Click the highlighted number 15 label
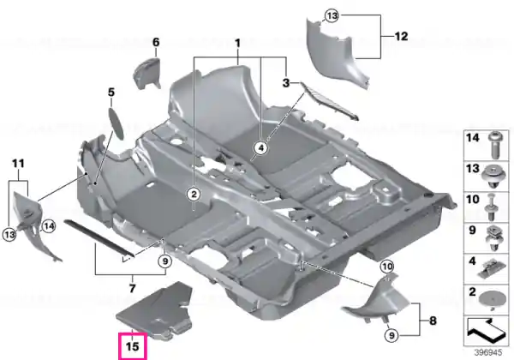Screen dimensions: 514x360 (x=133, y=346)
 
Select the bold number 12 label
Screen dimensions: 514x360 (x=401, y=36)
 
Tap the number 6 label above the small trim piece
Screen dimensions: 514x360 (x=156, y=42)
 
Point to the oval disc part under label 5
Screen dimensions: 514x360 (x=116, y=123)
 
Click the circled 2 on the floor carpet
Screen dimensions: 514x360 (x=194, y=194)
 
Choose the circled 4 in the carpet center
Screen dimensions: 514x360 (x=261, y=148)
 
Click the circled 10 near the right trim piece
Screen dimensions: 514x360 (x=387, y=267)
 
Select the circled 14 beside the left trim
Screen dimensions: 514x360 (x=49, y=226)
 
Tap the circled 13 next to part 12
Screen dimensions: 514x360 (x=332, y=15)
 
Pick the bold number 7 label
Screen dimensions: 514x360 (x=132, y=289)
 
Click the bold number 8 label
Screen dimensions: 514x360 (x=433, y=321)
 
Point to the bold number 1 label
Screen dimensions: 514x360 (x=237, y=43)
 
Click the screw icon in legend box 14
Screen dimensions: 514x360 (x=495, y=144)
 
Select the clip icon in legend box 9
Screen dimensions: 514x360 (x=493, y=238)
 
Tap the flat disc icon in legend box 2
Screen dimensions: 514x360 (x=492, y=298)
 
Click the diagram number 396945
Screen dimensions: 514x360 (x=488, y=352)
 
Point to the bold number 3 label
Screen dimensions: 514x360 (x=286, y=83)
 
